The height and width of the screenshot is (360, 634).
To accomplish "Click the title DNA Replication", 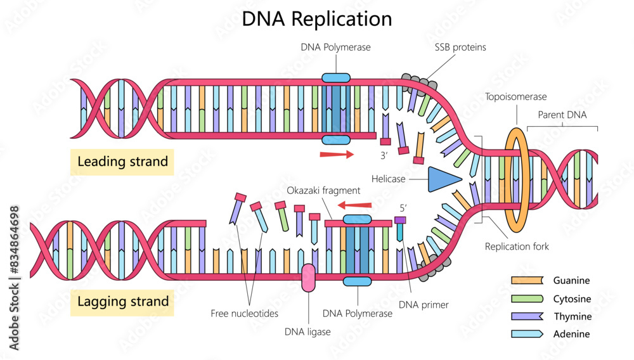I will (317, 18).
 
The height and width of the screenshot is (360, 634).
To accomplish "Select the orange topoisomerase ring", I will (516, 179).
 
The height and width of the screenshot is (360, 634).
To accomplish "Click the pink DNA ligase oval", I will (308, 278).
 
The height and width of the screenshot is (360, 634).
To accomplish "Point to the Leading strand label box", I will (123, 162).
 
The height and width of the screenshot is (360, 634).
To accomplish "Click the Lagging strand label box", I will (123, 301).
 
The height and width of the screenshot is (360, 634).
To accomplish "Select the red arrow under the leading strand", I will (337, 154).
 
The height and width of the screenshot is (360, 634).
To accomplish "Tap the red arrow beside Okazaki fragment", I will (354, 205).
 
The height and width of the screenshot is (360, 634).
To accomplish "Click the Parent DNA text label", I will (562, 115).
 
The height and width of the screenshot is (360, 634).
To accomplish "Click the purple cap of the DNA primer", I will (400, 220).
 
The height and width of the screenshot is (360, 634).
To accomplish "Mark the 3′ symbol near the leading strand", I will (384, 155).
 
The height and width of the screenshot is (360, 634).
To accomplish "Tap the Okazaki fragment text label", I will (323, 190).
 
